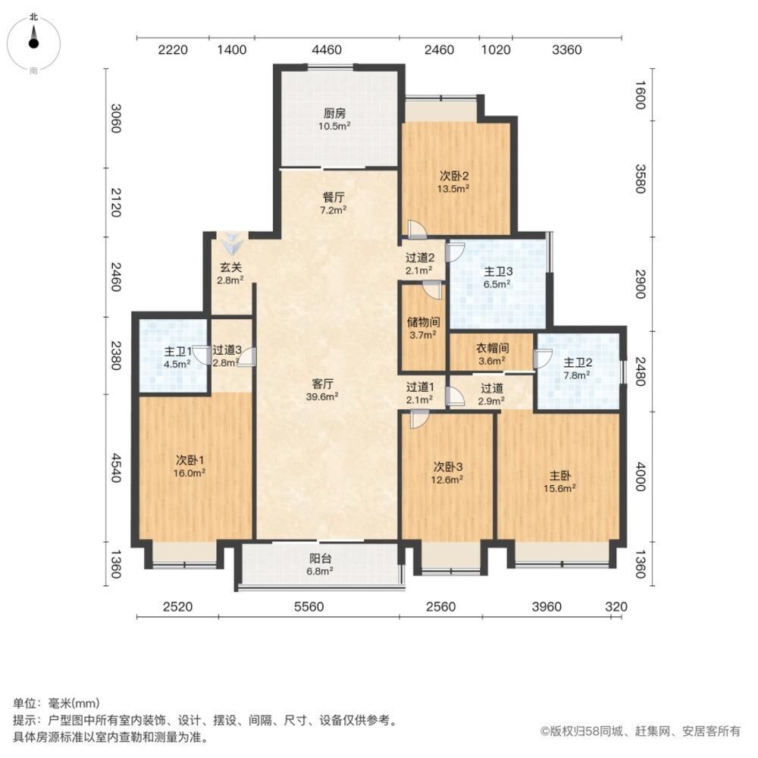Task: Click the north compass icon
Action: [x=34, y=41]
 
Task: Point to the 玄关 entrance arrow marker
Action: [x=230, y=245]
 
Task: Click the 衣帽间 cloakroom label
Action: [x=492, y=354]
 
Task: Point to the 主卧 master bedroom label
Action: [x=561, y=482]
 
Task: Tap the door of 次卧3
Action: [x=418, y=418]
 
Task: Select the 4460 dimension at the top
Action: [x=327, y=50]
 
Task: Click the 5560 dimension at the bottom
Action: [x=308, y=606]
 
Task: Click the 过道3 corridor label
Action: [x=227, y=356]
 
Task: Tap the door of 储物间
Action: [x=432, y=289]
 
